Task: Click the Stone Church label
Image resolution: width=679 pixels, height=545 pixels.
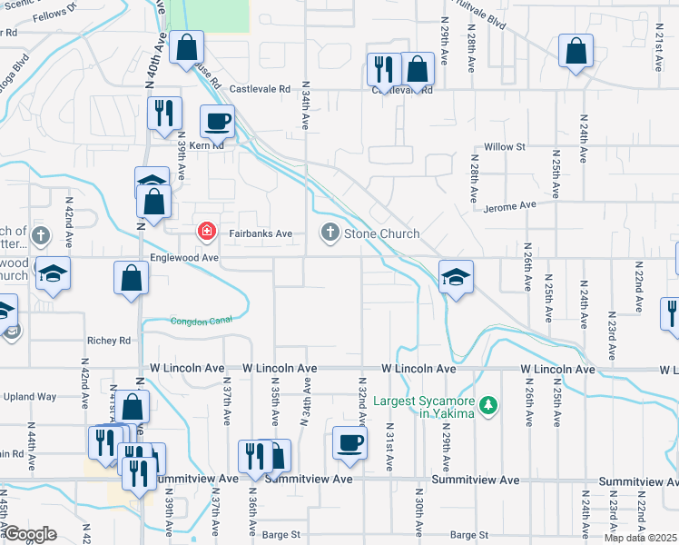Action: click(381, 233)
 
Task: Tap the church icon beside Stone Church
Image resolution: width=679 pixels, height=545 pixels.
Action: click(330, 233)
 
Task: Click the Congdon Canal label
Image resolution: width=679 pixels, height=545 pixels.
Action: click(202, 320)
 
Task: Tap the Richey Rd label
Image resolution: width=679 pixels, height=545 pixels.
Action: click(109, 341)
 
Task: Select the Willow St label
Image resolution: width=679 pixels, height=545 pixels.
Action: click(505, 146)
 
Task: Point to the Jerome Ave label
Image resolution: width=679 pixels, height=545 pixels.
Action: click(511, 206)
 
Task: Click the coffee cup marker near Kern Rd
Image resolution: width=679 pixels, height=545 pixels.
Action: click(217, 121)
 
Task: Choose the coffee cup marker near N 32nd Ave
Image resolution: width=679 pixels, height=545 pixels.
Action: click(349, 442)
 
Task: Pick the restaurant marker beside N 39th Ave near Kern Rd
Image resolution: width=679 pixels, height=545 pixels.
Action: click(164, 113)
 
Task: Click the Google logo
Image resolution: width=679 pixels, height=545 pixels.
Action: click(31, 534)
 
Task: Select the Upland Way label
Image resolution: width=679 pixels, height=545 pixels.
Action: click(30, 397)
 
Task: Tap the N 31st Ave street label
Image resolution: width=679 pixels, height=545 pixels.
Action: click(389, 446)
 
